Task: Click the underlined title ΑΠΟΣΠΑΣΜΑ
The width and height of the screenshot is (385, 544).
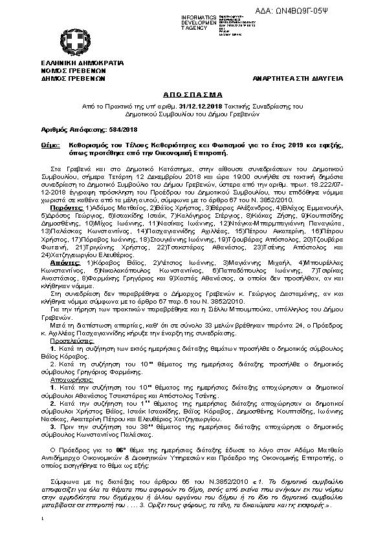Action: (x=192, y=94)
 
